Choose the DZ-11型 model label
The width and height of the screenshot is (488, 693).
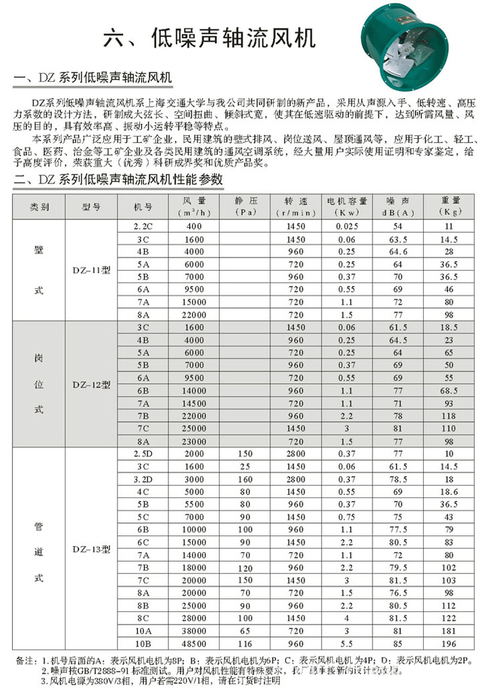[x=91, y=269]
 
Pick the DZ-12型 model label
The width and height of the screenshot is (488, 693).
[x=91, y=384]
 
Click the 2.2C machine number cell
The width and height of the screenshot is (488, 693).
[x=143, y=226]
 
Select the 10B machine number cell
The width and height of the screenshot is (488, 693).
[x=143, y=644]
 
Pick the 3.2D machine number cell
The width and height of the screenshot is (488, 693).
[x=143, y=478]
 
